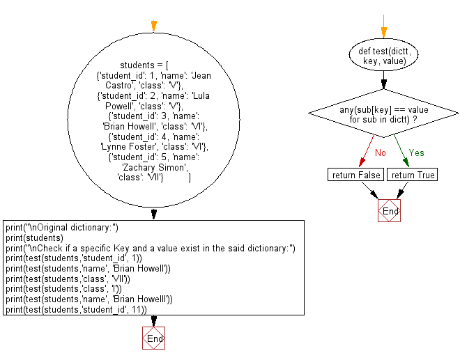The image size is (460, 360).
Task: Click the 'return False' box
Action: [x=354, y=175]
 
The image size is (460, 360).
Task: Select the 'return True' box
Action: [x=413, y=175]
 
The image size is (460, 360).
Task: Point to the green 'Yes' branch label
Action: [x=416, y=152]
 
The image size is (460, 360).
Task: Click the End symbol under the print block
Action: [x=153, y=338]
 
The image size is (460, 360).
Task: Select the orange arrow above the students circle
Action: [x=153, y=26]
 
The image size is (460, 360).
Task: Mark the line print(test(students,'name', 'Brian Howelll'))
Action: [x=89, y=299]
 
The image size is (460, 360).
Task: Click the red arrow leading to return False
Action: [x=366, y=150]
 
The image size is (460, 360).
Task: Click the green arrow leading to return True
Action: [x=403, y=150]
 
